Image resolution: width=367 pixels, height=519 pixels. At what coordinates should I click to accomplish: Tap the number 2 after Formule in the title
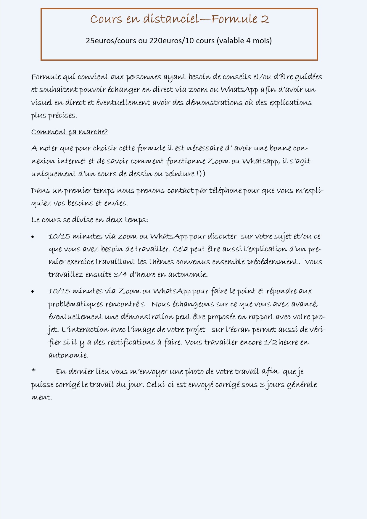(x=265, y=19)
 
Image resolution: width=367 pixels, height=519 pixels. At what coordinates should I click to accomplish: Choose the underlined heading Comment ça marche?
(x=70, y=132)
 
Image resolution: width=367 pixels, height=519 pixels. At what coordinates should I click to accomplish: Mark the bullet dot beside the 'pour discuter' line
(x=33, y=237)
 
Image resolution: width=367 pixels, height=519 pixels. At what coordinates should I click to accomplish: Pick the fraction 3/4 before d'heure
(x=120, y=275)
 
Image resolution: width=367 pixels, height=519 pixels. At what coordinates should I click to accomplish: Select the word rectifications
(x=126, y=342)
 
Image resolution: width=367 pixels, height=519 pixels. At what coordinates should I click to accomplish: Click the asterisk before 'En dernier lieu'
(x=33, y=370)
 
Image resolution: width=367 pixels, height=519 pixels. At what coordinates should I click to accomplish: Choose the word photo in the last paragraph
(x=193, y=372)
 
